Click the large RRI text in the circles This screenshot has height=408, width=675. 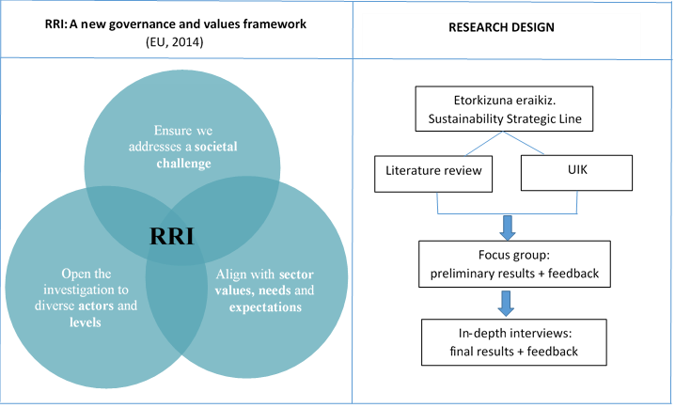(171, 236)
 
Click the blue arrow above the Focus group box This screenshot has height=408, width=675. (507, 226)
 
